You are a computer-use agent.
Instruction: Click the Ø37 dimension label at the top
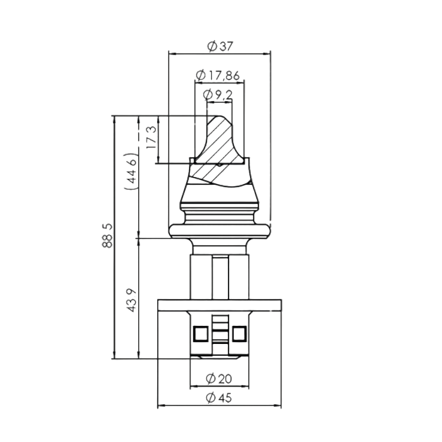pos(220,45)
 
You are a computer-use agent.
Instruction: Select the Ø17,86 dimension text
pos(219,75)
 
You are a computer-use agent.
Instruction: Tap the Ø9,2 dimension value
pos(219,95)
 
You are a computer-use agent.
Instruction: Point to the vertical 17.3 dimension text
pos(151,138)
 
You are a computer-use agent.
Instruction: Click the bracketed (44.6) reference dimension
pos(132,173)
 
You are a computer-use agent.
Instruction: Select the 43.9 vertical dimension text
pos(132,299)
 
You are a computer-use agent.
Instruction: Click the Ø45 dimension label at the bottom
pos(219,398)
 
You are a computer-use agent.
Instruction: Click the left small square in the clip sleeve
pos(200,333)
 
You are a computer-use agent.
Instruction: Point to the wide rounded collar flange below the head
pos(220,230)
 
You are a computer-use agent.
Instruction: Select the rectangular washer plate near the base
pos(219,304)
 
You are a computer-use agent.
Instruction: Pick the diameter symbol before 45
pos(211,398)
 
